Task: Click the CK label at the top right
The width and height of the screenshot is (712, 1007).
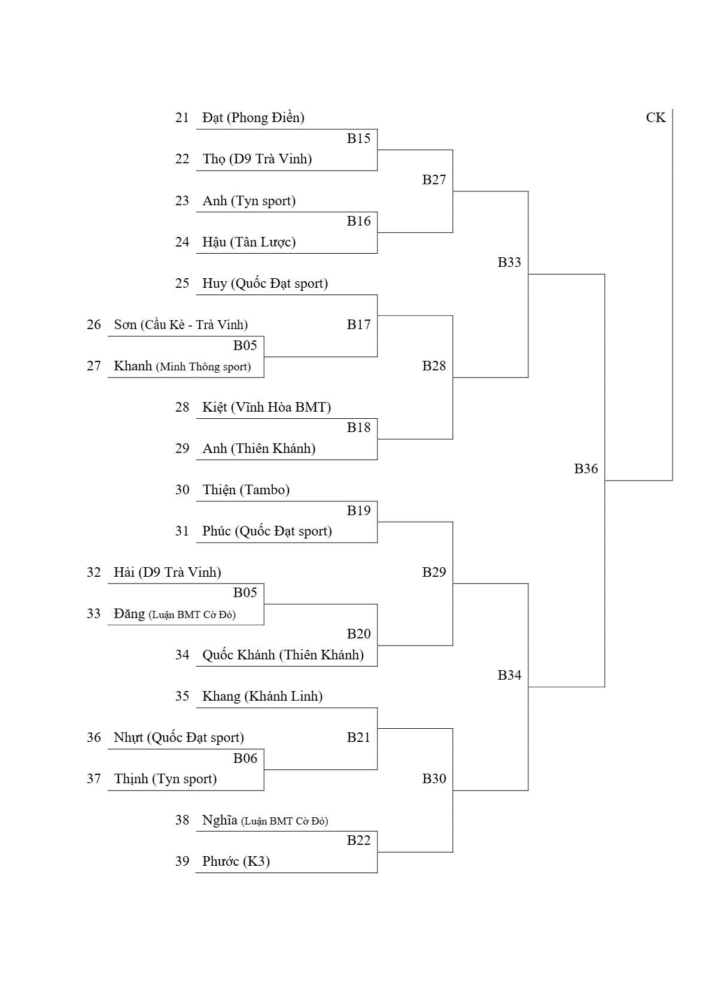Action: pyautogui.click(x=655, y=117)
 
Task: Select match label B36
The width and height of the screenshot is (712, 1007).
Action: pyautogui.click(x=586, y=468)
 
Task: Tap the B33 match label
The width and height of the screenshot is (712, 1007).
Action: pyautogui.click(x=509, y=262)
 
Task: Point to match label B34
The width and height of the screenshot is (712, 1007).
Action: pyautogui.click(x=509, y=675)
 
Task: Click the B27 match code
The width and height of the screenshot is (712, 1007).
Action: pyautogui.click(x=434, y=180)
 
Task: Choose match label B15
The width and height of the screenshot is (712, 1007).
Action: pyautogui.click(x=358, y=138)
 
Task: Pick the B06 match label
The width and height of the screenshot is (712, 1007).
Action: pyautogui.click(x=245, y=758)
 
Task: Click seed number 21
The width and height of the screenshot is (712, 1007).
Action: pyautogui.click(x=182, y=117)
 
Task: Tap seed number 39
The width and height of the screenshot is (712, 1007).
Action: pyautogui.click(x=182, y=861)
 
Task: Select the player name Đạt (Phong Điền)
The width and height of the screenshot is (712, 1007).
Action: pyautogui.click(x=253, y=118)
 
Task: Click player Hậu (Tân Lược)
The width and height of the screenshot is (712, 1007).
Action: pyautogui.click(x=248, y=242)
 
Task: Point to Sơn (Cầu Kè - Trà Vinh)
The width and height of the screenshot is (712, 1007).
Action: pyautogui.click(x=181, y=324)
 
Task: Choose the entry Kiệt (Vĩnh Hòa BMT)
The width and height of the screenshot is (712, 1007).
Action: pyautogui.click(x=266, y=407)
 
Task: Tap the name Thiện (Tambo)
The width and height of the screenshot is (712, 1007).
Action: pyautogui.click(x=246, y=489)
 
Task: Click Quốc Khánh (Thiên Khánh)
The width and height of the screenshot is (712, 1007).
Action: pyautogui.click(x=283, y=655)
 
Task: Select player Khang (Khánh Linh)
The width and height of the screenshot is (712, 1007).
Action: pyautogui.click(x=262, y=696)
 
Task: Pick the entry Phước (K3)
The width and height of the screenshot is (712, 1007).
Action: pyautogui.click(x=236, y=862)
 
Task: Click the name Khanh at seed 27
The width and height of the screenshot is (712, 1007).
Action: pyautogui.click(x=133, y=366)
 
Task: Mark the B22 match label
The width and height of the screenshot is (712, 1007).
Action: pyautogui.click(x=358, y=840)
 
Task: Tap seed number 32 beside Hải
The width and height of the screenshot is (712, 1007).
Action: pyautogui.click(x=93, y=572)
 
